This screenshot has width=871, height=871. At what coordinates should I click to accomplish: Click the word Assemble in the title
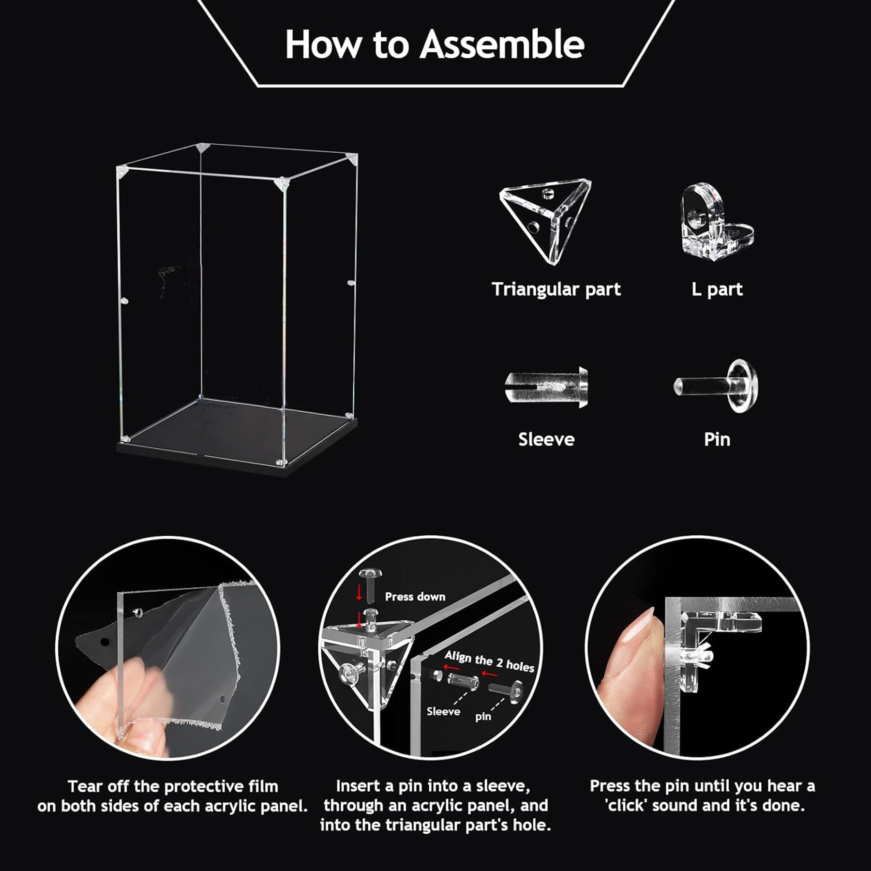pos(502,45)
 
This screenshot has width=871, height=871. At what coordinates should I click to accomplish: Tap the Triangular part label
pos(556,289)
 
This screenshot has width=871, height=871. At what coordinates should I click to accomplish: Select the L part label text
pos(717,289)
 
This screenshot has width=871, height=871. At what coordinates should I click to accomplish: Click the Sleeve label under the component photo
pos(546,439)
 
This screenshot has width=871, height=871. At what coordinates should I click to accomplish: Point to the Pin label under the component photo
pos(717,439)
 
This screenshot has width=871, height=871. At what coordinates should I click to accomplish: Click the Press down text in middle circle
pos(415,597)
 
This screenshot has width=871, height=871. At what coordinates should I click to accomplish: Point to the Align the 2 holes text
pos(489,661)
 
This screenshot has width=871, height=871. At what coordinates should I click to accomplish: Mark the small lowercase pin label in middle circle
pos(483,716)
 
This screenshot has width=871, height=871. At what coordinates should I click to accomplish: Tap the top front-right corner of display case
pos(282,184)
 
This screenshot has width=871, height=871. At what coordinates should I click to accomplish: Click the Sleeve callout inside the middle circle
pos(443,711)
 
